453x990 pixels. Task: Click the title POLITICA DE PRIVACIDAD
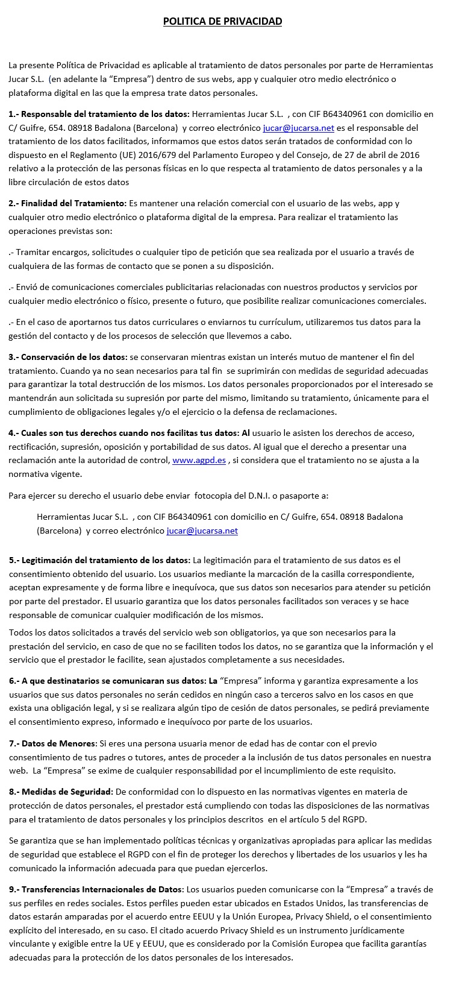tap(222, 22)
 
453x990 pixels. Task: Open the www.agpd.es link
tap(199, 460)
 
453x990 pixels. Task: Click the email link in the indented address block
tap(202, 531)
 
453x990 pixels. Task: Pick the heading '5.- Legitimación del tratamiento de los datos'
tap(99, 560)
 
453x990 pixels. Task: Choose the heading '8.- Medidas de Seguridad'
tap(61, 791)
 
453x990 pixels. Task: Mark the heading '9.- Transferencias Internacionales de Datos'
tap(96, 889)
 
